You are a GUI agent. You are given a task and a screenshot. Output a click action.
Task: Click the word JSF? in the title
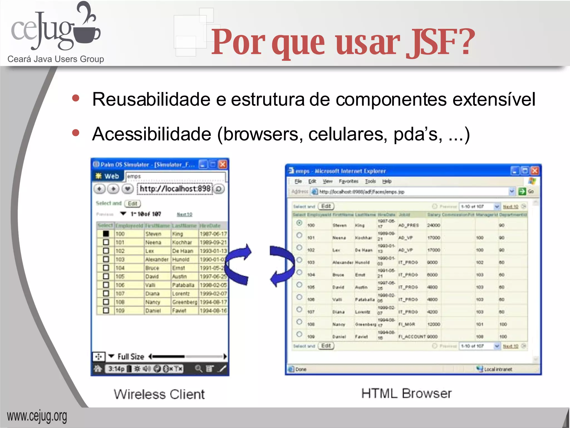click(440, 42)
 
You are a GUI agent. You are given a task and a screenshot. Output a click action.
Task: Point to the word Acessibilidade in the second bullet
click(152, 134)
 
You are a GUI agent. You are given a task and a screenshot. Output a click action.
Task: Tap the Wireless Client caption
click(159, 394)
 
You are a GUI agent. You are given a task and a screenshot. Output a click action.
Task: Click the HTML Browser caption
click(406, 393)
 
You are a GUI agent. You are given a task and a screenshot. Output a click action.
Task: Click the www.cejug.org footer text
click(37, 416)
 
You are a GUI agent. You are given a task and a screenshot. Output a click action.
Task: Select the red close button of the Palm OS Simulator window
click(223, 164)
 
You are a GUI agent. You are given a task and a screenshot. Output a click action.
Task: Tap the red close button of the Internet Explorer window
click(535, 171)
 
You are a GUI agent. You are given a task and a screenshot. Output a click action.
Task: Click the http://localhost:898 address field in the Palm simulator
click(175, 189)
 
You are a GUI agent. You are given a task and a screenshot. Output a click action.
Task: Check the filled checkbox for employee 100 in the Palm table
click(106, 234)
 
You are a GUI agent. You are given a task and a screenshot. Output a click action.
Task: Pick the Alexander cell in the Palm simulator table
click(157, 259)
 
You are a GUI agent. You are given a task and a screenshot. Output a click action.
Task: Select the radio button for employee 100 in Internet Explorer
click(299, 223)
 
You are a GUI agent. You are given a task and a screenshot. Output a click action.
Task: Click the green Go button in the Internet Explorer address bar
click(522, 191)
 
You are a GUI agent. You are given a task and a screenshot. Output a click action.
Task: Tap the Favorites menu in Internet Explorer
click(348, 181)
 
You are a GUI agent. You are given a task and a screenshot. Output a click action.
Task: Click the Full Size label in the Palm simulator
click(131, 357)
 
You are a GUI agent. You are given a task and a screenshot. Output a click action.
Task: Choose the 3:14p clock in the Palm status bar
click(116, 369)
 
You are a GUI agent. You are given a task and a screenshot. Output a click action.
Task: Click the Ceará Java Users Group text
click(56, 59)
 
